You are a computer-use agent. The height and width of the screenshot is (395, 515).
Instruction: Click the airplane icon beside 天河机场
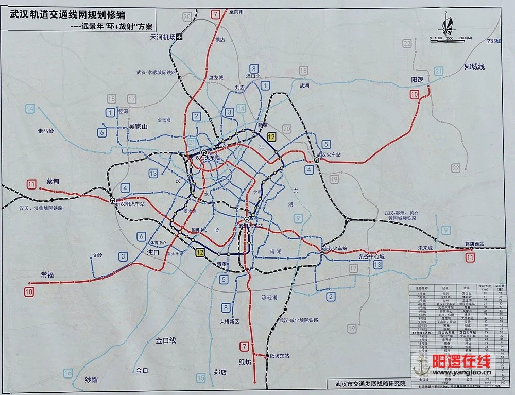[179, 37]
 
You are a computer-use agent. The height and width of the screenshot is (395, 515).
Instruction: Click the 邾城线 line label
[474, 67]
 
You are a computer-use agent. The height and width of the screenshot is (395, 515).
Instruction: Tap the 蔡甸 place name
[53, 182]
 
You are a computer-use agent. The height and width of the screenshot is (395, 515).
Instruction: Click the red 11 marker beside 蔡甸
[32, 184]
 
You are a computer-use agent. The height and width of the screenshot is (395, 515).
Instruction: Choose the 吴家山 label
[138, 126]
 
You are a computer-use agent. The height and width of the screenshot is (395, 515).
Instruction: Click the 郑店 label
[220, 372]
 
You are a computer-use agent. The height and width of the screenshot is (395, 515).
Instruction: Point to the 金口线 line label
[166, 340]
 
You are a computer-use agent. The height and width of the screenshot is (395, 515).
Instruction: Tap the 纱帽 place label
[91, 380]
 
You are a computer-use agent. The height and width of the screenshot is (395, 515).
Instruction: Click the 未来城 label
[426, 248]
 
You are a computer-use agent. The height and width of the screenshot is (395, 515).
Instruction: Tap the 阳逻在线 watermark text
[461, 362]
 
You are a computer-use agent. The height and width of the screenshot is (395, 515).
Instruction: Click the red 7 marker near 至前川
[215, 14]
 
